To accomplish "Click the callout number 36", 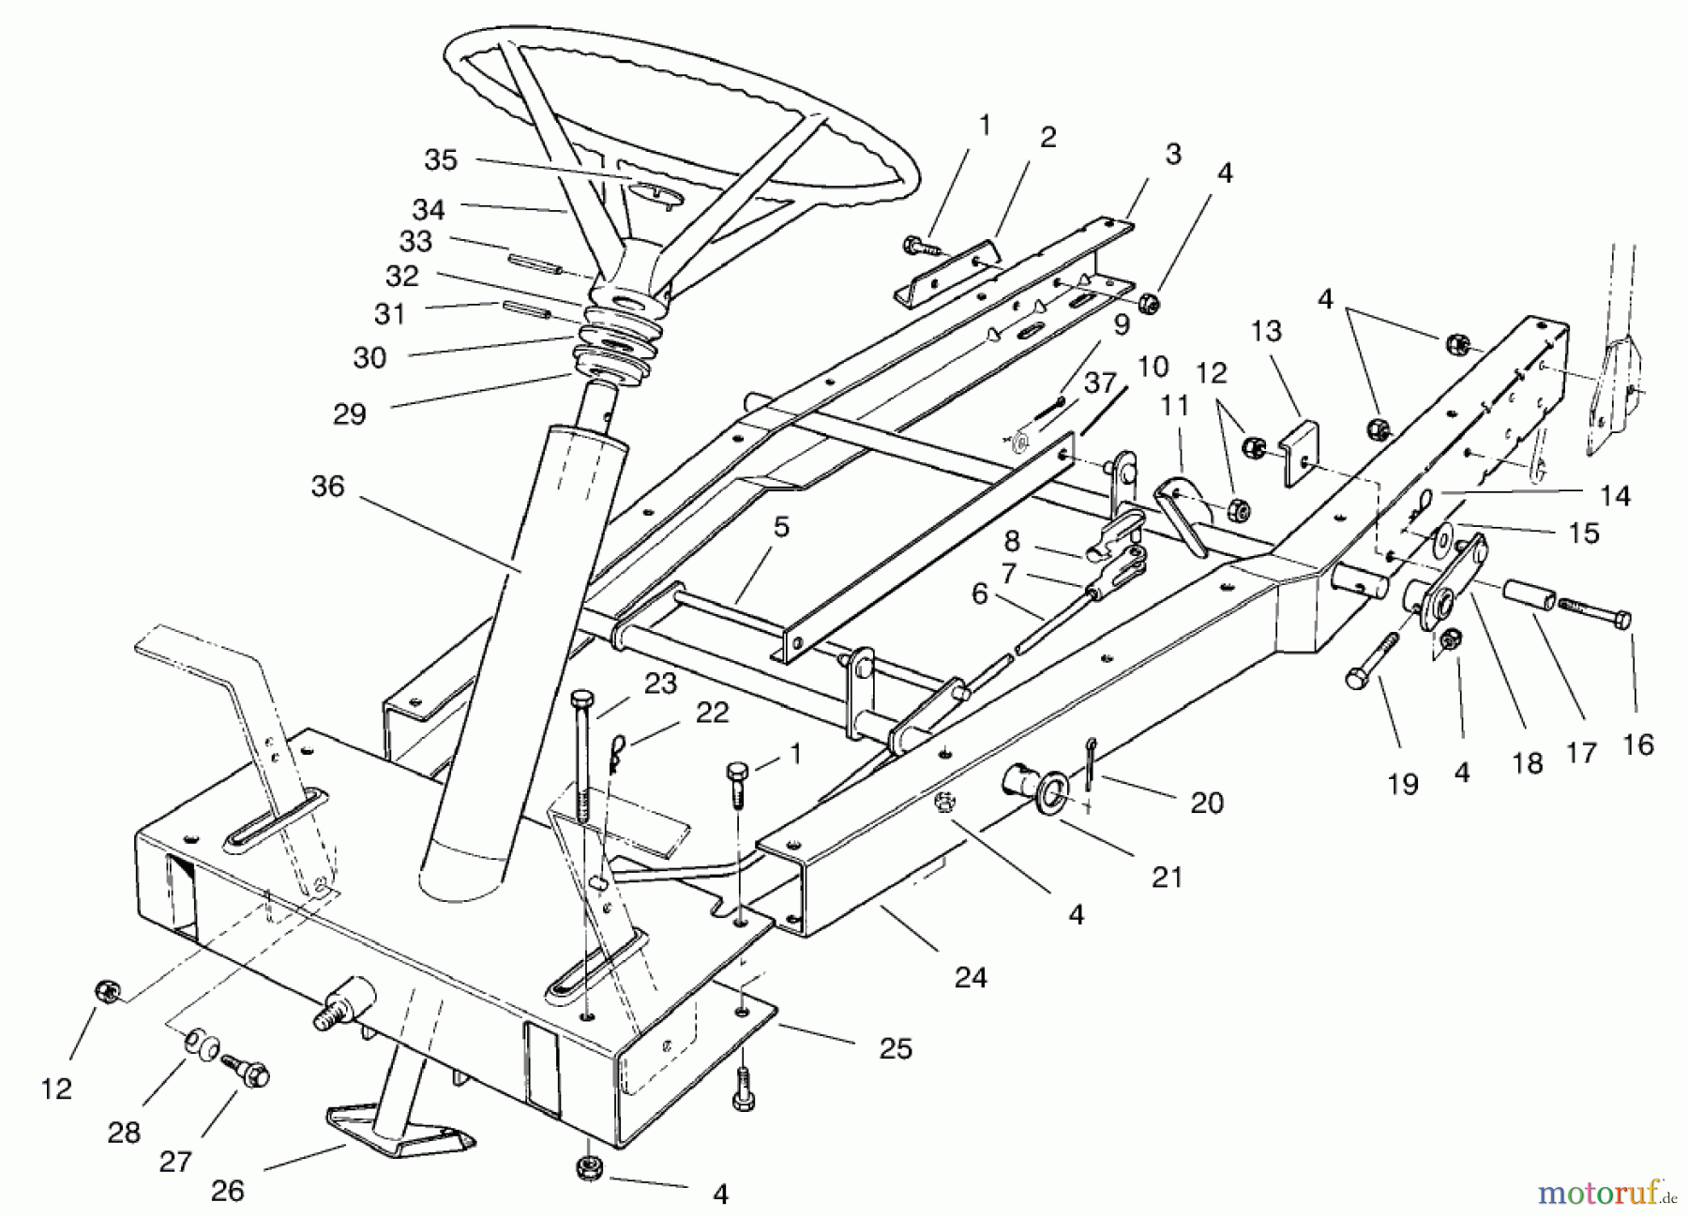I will coord(328,487).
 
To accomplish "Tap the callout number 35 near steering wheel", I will coord(440,160).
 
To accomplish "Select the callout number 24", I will coord(971,978).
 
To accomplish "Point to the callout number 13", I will coord(1265,332).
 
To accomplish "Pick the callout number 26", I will coord(227,1191).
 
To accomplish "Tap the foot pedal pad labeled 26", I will coord(399,1131).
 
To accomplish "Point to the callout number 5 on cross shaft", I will coord(780,528).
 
